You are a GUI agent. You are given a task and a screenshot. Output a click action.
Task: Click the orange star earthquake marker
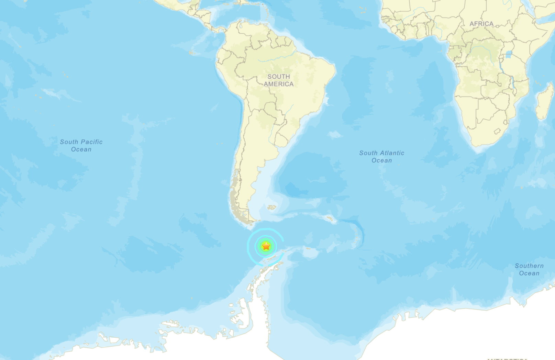coord(266,246)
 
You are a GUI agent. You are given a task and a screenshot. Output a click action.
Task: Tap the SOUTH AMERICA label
coord(279,80)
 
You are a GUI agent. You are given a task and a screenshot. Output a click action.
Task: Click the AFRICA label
coord(481,24)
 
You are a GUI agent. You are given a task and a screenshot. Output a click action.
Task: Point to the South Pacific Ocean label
coord(81,145)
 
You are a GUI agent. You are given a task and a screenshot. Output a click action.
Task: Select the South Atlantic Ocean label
coord(381,157)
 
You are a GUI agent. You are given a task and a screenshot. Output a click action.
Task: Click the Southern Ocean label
coord(529,269)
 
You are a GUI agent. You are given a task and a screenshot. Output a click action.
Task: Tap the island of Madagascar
coord(545,102)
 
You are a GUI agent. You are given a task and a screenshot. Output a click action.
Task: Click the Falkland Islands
coord(272,207)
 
